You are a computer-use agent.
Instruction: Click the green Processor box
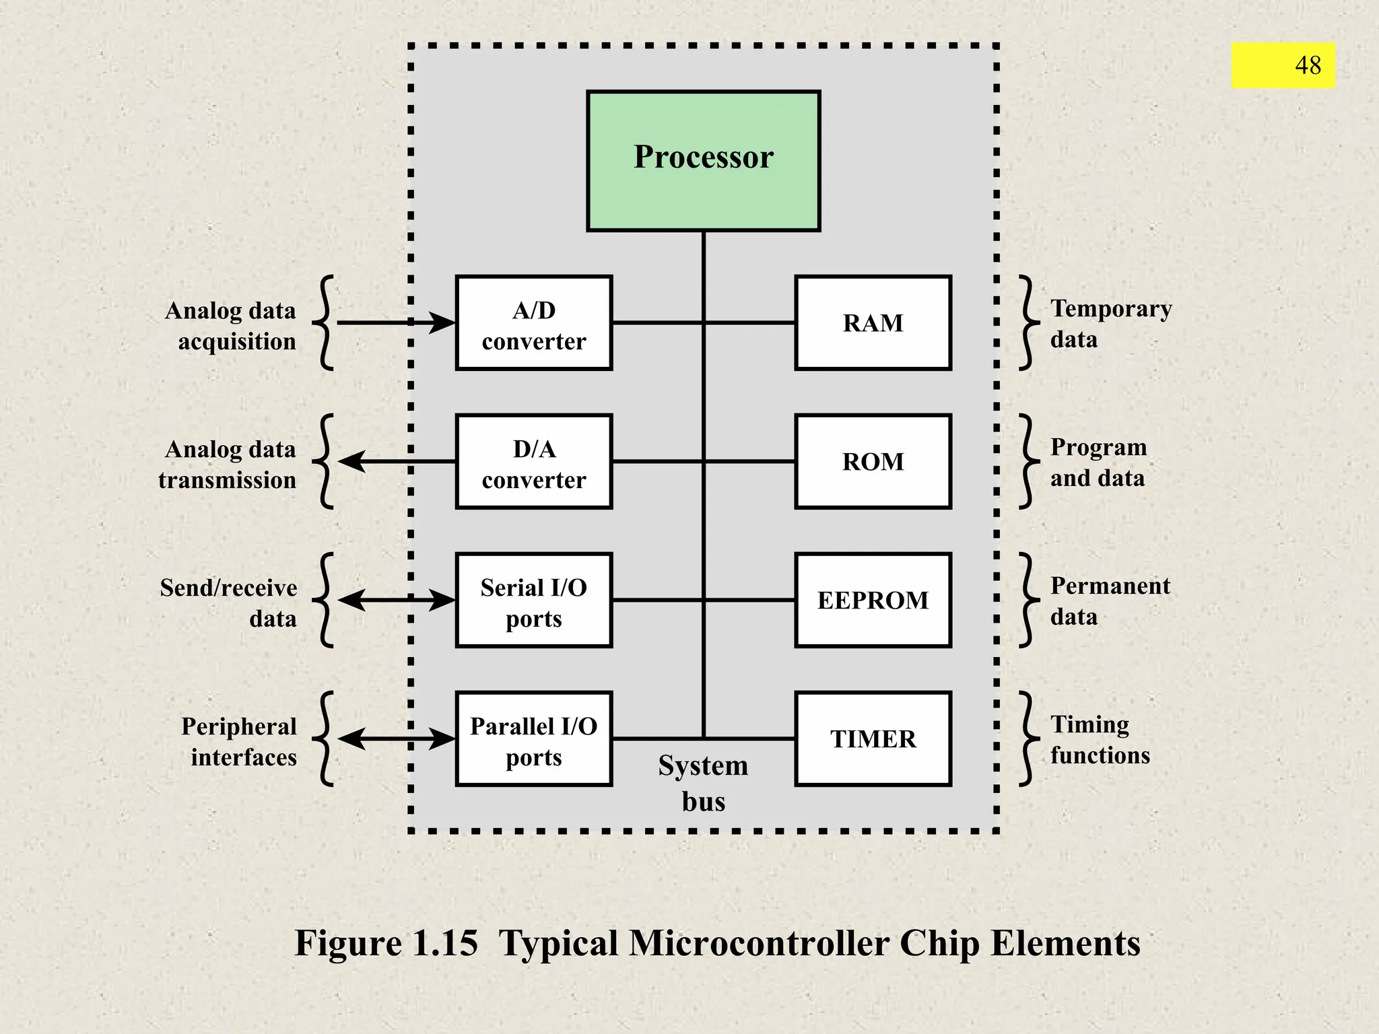(x=703, y=160)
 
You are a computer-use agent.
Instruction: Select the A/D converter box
(x=533, y=323)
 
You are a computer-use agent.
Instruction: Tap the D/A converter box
(x=533, y=462)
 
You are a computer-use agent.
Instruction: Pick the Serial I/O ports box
(x=533, y=600)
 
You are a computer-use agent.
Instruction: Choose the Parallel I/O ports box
(x=533, y=739)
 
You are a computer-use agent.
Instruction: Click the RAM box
(x=873, y=323)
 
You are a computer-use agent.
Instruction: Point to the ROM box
(x=873, y=462)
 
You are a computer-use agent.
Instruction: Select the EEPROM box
(x=873, y=600)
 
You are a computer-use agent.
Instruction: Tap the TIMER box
(x=873, y=739)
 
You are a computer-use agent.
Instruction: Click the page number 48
(x=1308, y=65)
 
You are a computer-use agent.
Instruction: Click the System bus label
(x=703, y=784)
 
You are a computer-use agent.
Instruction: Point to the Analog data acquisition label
(x=230, y=326)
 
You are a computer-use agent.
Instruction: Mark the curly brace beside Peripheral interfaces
(x=325, y=739)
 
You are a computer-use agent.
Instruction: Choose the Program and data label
(x=1098, y=462)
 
